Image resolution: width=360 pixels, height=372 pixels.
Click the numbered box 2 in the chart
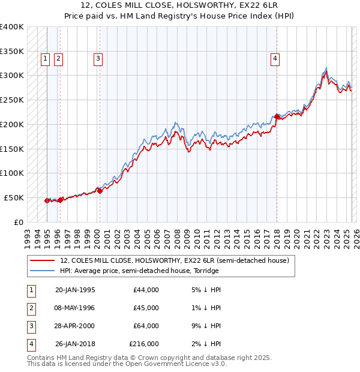tap(58, 59)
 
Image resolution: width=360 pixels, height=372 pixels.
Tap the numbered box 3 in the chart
tap(97, 59)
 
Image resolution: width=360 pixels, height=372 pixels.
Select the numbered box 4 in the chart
tap(274, 59)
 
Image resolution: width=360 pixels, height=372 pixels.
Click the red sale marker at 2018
tap(277, 116)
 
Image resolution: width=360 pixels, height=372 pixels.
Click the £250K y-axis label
tap(12, 100)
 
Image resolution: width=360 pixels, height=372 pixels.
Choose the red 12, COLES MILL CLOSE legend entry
tap(175, 260)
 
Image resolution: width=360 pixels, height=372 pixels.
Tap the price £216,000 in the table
tap(144, 344)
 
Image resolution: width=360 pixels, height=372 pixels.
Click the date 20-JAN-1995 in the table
tap(74, 290)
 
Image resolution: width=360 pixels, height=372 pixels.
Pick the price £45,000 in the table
tap(146, 308)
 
